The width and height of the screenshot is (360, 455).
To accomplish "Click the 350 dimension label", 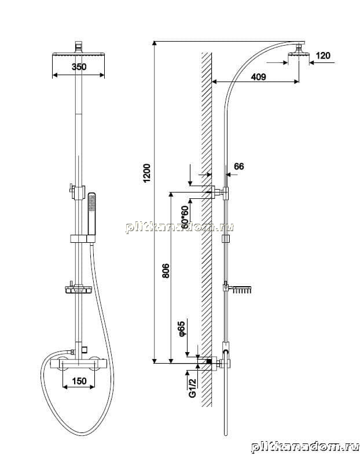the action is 79,66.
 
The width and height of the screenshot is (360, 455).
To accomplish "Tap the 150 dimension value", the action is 79,381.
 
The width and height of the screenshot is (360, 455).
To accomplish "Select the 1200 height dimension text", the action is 148,173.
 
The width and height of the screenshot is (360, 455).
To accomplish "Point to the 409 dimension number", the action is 258,77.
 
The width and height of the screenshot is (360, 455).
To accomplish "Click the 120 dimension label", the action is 323,55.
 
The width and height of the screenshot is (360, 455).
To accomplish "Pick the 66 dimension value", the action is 239,167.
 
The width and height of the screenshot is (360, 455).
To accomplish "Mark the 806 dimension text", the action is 166,271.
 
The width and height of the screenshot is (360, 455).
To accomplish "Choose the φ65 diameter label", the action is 182,329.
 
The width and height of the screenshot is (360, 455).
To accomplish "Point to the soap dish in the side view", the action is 241,290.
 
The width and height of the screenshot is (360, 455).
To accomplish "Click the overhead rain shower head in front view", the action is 78,54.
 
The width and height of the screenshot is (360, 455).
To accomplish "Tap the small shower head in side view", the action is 299,53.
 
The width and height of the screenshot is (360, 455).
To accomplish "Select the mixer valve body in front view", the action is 79,364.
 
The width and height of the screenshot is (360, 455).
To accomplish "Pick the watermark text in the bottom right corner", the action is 306,447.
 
